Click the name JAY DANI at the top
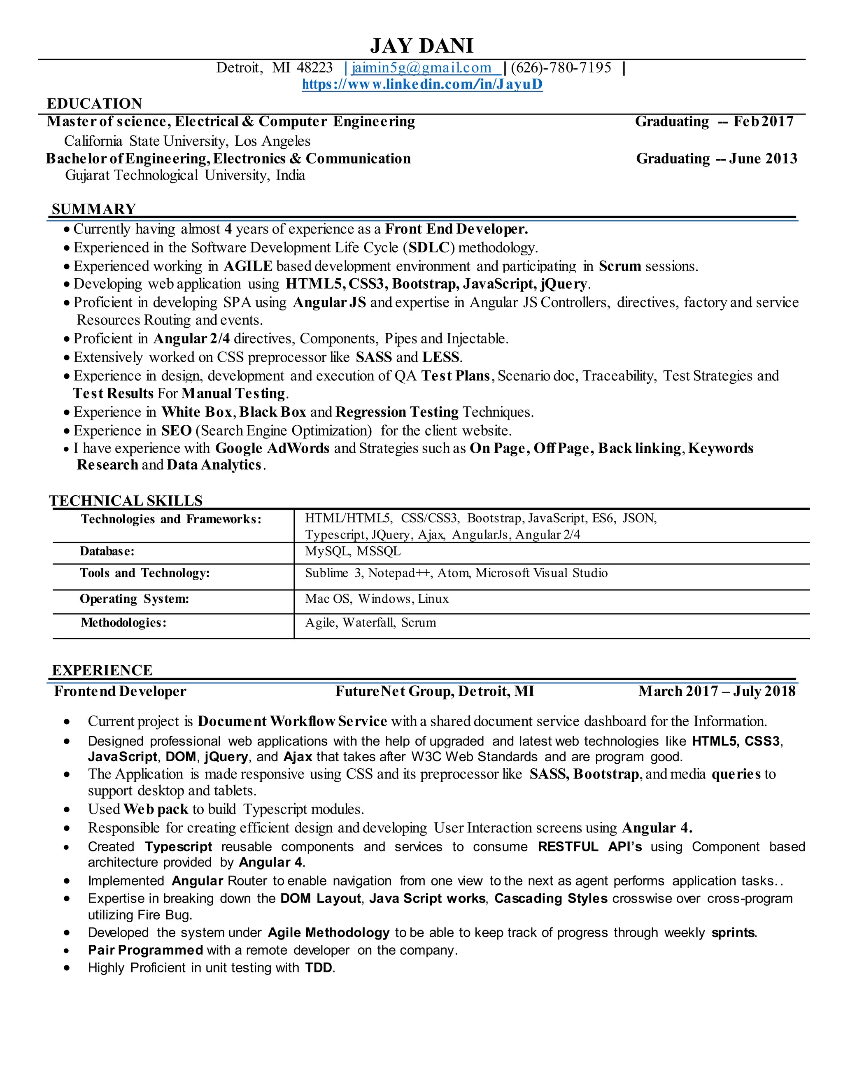click(x=421, y=46)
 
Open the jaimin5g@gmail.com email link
click(x=421, y=68)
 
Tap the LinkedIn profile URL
click(x=422, y=84)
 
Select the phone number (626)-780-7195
click(x=561, y=68)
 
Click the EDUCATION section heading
click(x=94, y=103)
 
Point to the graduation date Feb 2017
click(x=763, y=121)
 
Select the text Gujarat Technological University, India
click(x=185, y=175)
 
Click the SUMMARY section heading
click(x=94, y=209)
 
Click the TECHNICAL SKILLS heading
click(x=126, y=501)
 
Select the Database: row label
click(x=107, y=552)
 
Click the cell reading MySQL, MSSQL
click(x=353, y=552)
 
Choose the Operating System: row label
click(x=134, y=599)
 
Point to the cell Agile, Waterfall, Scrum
click(x=370, y=622)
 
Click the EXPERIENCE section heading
click(x=102, y=670)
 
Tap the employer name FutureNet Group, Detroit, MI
click(x=435, y=691)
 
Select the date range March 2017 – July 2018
click(x=717, y=691)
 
